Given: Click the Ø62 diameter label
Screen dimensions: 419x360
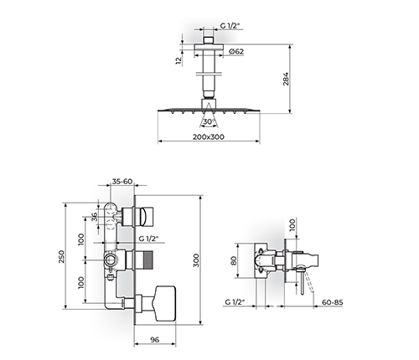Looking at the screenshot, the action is pos(235,52).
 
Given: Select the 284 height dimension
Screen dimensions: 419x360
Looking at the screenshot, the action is pos(287,79).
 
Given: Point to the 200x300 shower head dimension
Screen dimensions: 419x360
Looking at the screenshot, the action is pos(209,137).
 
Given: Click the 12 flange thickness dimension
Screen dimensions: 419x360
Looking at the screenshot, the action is pos(178,61).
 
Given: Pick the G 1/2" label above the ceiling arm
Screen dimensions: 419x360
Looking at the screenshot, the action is pos(230,26).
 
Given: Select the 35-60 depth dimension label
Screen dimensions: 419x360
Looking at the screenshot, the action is pos(122,182).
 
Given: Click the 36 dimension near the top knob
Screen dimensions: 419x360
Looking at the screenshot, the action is pos(95,217).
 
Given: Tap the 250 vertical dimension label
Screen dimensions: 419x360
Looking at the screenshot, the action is pos(61,257).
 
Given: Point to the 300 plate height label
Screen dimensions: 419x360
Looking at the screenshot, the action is pos(196,260).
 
